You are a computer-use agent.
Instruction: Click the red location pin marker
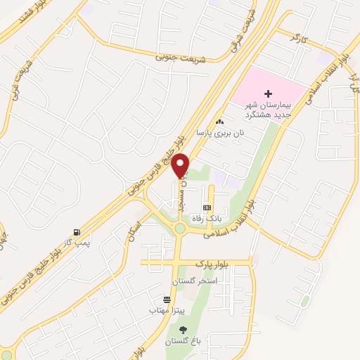point(181,165)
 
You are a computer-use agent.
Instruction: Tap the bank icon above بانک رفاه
point(207,207)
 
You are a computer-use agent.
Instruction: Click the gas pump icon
point(76,233)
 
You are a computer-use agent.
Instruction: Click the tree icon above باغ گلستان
point(184,330)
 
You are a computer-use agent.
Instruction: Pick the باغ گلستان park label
point(183,342)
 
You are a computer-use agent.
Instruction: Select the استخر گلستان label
point(198,281)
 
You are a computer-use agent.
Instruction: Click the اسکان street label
point(134,227)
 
